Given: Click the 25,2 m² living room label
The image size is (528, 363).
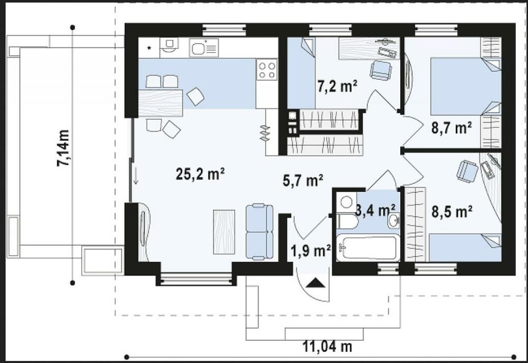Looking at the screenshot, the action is click(200, 174).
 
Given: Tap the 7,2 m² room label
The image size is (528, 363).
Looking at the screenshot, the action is click(337, 86).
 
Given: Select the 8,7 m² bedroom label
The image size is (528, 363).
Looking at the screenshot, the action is click(451, 128).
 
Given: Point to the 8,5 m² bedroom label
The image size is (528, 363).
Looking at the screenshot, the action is click(452, 212).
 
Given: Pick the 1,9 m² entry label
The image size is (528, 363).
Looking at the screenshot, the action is click(310, 251).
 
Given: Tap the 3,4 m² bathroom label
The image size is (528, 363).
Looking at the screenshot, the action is click(375, 211).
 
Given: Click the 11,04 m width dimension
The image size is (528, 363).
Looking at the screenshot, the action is click(327, 346).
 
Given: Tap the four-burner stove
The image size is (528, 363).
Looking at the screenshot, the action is click(267, 70).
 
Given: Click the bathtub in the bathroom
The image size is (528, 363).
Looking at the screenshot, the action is click(368, 247).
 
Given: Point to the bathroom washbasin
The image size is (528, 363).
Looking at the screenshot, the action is click(393, 221).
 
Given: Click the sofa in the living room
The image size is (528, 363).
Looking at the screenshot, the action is click(259, 232).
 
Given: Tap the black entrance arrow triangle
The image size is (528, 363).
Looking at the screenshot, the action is click(316, 283).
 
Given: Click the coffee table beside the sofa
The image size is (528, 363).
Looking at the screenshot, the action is click(224, 232).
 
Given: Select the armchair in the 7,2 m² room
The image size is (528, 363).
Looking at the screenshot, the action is click(381, 70).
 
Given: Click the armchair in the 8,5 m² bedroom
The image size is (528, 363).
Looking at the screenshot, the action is click(467, 171).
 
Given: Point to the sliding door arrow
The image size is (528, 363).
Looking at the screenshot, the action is click(136, 176).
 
